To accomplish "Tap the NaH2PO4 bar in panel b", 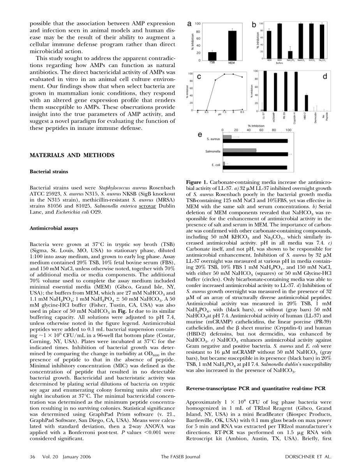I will pyautogui.click(x=290, y=54).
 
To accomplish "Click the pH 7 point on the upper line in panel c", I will pyautogui.click(x=215, y=80).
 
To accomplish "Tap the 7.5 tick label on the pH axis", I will pyautogui.click(x=224, y=113).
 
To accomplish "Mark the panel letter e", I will pyautogui.click(x=200, y=135).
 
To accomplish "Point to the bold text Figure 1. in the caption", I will pyautogui.click(x=195, y=183).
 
